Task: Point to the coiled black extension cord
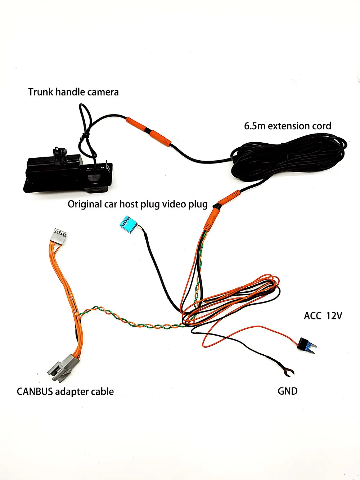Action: coord(288,158)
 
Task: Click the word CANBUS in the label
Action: coord(35,391)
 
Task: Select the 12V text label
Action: coord(334,316)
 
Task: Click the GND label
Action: coord(288,391)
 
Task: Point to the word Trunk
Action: coord(40,92)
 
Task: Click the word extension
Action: coord(289,126)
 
